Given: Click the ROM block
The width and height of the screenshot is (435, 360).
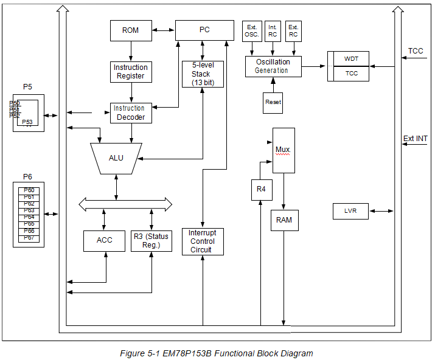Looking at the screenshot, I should (x=130, y=30).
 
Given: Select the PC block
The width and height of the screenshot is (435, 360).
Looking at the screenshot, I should (x=204, y=30).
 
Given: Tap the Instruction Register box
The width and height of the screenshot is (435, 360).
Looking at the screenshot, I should (x=130, y=72).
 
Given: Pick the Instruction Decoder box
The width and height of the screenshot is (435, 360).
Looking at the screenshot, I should (x=130, y=112).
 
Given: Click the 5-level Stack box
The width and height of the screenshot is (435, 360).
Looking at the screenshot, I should (x=203, y=74).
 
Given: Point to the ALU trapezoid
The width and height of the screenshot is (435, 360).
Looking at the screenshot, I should (x=116, y=157).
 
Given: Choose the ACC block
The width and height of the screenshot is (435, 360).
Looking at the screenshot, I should (x=104, y=240).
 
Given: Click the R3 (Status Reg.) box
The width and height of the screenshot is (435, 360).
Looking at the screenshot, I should (x=151, y=240).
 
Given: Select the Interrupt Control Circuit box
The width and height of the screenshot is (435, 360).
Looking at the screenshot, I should (x=203, y=241).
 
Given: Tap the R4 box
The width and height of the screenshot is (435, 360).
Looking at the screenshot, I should (x=261, y=190).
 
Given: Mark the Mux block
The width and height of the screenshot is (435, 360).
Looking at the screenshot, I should (x=284, y=149).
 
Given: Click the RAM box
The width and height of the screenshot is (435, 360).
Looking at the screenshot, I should (x=284, y=220).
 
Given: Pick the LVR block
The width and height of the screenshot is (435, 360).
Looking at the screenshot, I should (x=350, y=211).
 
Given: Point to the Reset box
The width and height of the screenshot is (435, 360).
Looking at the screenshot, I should (x=273, y=102).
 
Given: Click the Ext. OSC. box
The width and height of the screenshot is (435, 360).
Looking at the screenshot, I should (x=251, y=31).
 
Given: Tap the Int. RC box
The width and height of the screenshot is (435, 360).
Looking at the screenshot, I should (x=273, y=31).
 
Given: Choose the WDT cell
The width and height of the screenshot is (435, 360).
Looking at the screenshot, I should (x=352, y=58).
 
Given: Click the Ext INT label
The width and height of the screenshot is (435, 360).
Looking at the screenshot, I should (x=416, y=139).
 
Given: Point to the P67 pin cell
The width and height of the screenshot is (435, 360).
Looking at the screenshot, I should (x=29, y=238).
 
